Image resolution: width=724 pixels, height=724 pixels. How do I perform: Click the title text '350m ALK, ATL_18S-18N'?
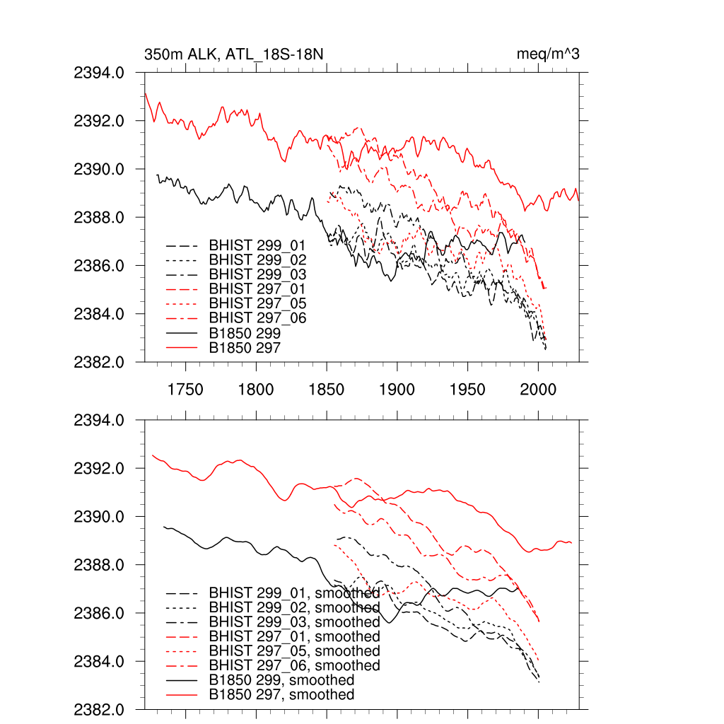234,54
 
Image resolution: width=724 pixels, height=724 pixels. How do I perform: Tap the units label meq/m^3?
549,54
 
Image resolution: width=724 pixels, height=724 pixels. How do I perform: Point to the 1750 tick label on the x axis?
185,389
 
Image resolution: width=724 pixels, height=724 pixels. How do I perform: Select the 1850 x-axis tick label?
327,389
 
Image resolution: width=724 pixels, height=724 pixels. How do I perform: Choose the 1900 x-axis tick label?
397,389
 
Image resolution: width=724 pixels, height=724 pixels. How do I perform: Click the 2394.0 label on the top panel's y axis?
100,73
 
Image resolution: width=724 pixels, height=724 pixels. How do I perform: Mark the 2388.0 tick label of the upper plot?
100,218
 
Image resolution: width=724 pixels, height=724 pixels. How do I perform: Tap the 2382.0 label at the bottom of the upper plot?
100,362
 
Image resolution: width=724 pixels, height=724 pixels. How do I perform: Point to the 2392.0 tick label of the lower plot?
100,469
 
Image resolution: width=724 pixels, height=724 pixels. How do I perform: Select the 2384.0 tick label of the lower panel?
100,662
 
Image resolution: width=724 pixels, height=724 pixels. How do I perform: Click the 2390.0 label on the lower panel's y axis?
100,517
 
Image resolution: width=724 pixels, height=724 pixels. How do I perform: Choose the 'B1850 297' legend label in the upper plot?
245,347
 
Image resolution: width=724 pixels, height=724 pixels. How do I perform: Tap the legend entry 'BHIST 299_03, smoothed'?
294,622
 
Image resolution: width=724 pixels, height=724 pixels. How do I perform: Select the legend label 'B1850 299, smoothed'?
281,680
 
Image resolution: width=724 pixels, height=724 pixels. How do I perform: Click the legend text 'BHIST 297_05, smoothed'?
294,651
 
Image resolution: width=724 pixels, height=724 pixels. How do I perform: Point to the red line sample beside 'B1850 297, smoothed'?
180,695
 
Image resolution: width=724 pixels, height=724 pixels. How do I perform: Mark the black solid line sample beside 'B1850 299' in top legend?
180,333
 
